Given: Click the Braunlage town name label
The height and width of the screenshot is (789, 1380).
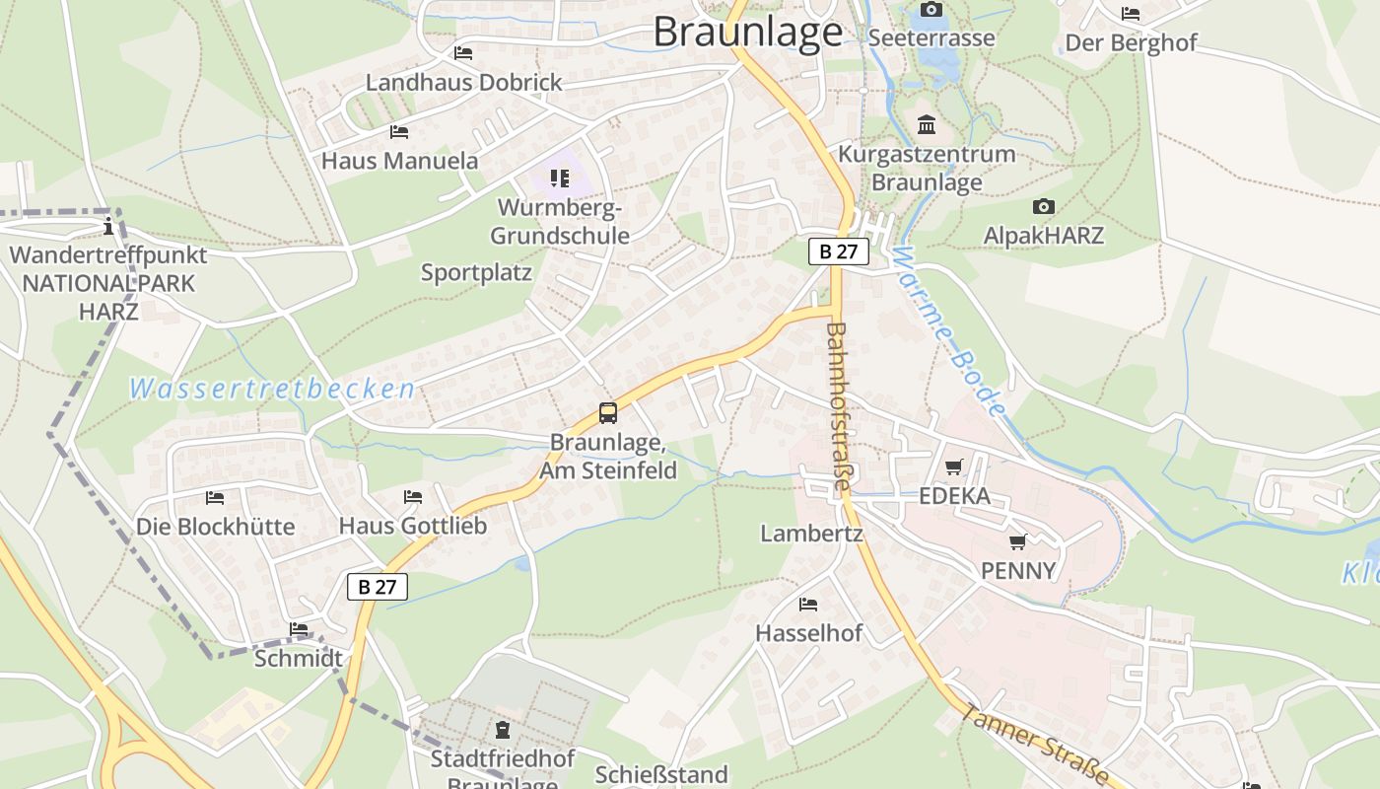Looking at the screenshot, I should pyautogui.click(x=747, y=32).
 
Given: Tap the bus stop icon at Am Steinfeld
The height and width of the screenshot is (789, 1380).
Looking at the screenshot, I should pyautogui.click(x=608, y=413).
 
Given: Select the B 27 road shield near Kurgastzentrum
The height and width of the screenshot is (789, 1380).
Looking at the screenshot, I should pyautogui.click(x=839, y=251).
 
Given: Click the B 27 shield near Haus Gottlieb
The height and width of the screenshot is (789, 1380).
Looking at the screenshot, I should pyautogui.click(x=377, y=587).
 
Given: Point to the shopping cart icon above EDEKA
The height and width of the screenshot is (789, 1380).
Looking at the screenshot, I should pyautogui.click(x=953, y=466).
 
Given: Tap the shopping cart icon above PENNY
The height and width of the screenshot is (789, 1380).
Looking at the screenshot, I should pyautogui.click(x=1018, y=541).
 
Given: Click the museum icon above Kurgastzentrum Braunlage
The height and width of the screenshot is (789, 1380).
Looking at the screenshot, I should pyautogui.click(x=927, y=125).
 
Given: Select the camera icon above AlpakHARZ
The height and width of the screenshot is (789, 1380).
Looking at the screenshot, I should pyautogui.click(x=1044, y=206).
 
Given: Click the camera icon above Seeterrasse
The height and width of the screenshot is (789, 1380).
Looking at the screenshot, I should pyautogui.click(x=931, y=10).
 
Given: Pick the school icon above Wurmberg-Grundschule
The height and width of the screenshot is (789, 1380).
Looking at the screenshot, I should pyautogui.click(x=560, y=179).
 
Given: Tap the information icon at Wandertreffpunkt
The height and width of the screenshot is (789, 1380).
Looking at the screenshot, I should pyautogui.click(x=108, y=227).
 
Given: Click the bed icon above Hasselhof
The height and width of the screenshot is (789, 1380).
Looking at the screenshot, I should pyautogui.click(x=808, y=604).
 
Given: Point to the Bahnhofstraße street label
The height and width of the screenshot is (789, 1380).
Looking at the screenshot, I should pyautogui.click(x=839, y=406).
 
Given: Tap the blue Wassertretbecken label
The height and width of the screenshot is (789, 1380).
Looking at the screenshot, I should pyautogui.click(x=272, y=389).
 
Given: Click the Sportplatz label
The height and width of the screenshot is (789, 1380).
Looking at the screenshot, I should pyautogui.click(x=476, y=272).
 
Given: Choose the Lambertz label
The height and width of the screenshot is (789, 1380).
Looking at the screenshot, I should pyautogui.click(x=811, y=534).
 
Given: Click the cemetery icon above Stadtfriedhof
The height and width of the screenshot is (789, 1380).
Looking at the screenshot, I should pyautogui.click(x=503, y=731).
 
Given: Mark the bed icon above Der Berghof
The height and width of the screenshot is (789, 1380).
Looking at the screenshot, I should pyautogui.click(x=1131, y=14).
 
